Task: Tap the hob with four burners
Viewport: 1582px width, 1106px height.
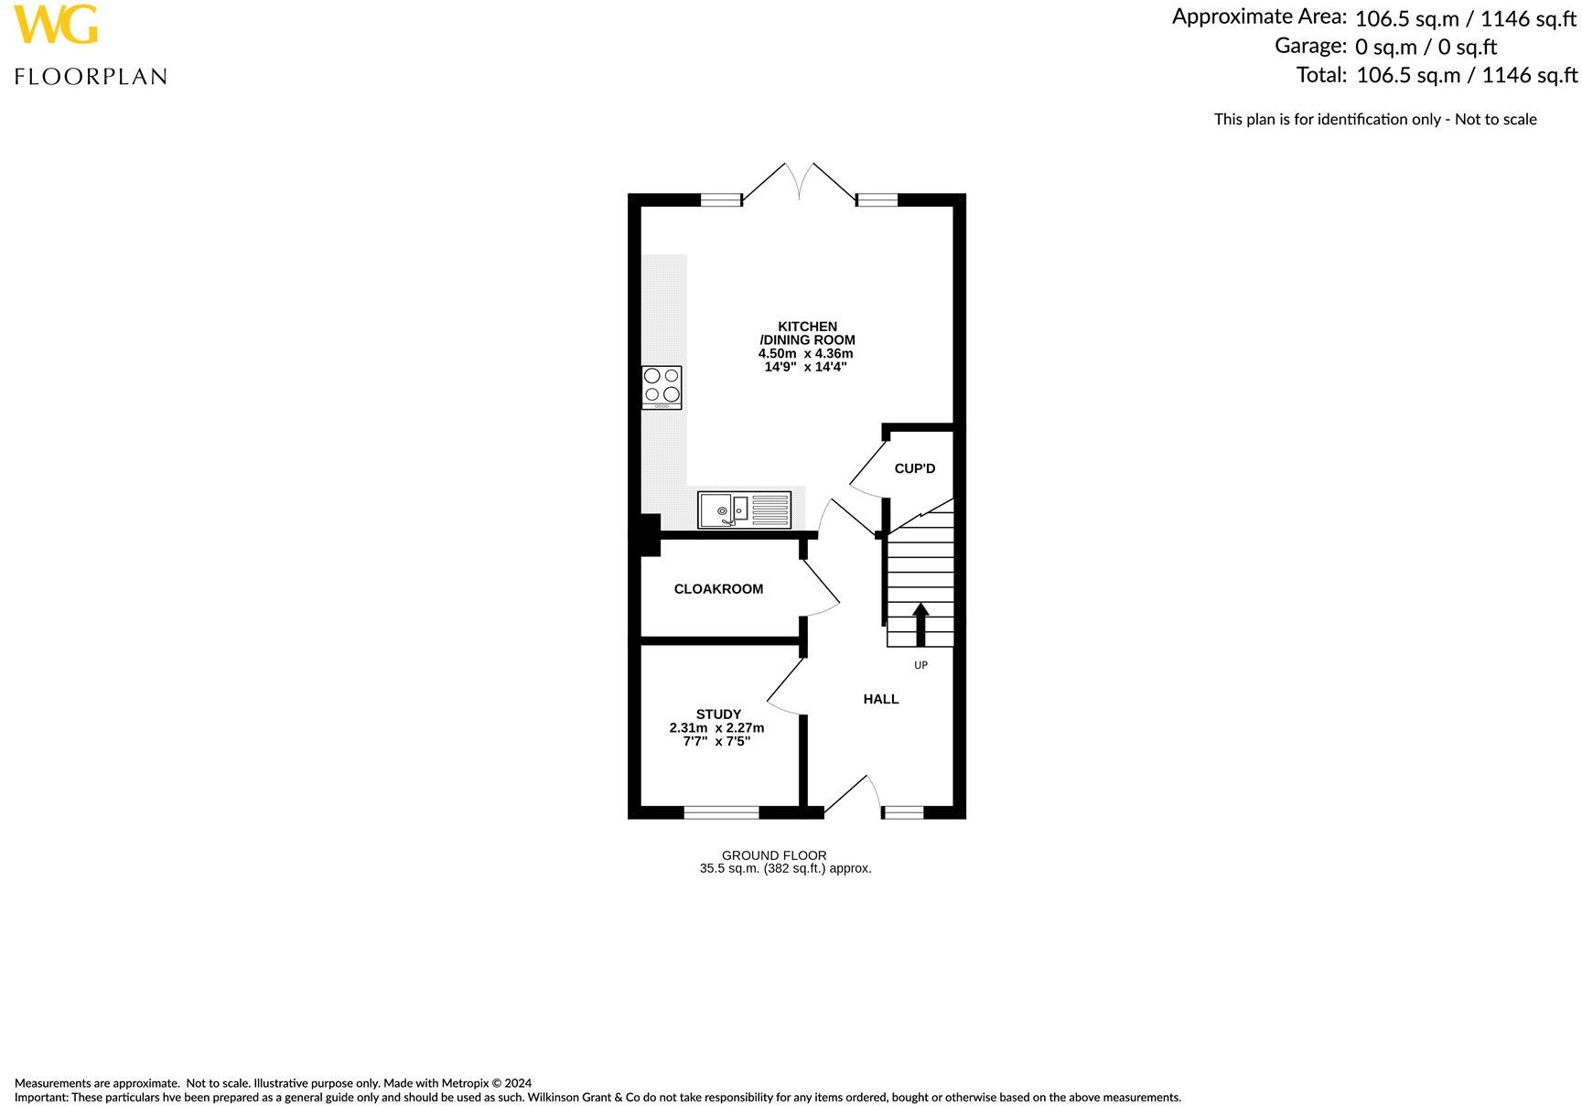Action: pos(662,387)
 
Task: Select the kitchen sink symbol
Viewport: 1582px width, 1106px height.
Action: pos(744,510)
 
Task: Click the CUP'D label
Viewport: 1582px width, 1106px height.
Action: pos(915,468)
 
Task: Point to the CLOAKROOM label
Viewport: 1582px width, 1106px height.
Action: pos(718,589)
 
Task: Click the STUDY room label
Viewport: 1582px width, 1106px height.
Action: pos(718,714)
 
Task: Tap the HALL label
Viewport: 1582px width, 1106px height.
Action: pos(881,699)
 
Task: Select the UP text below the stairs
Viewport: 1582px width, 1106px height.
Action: pos(920,665)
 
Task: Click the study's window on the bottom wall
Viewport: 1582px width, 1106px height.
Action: pos(721,811)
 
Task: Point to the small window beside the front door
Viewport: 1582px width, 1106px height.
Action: pos(902,811)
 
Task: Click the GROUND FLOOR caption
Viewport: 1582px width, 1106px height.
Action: pos(774,855)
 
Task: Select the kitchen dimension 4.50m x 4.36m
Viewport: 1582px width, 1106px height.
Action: pos(805,353)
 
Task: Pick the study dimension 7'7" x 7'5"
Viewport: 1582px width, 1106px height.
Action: pos(717,741)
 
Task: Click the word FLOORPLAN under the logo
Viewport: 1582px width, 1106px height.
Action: pos(91,76)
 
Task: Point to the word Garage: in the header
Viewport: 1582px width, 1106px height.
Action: pos(1310,46)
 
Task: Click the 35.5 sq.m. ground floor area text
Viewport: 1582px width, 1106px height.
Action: pos(729,868)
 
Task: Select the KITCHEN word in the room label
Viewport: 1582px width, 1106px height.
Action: pos(807,327)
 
